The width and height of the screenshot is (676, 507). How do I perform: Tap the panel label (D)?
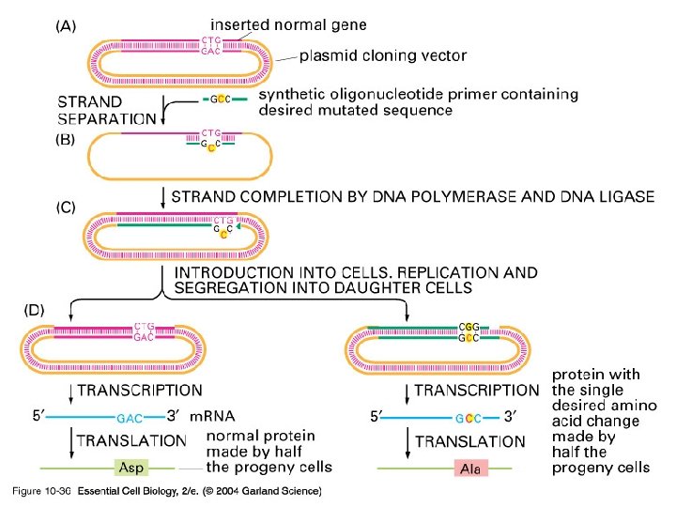point(38,308)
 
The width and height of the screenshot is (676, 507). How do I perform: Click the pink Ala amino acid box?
point(470,469)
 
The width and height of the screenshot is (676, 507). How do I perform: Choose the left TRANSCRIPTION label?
point(152,390)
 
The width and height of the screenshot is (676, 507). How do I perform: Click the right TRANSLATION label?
point(470,441)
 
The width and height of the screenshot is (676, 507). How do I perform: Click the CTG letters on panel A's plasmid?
point(211,39)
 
